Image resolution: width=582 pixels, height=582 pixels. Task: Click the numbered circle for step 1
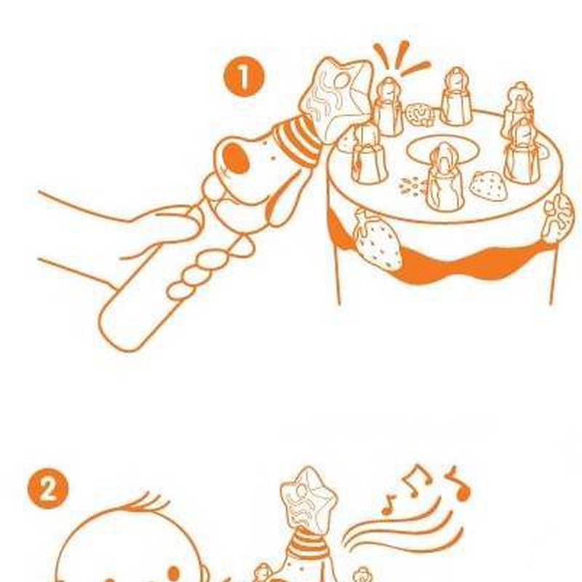[244, 76]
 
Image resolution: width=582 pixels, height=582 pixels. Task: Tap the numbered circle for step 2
[48, 488]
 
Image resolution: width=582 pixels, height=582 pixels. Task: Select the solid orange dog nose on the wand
[237, 158]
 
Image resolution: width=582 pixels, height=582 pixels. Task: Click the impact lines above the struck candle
[401, 60]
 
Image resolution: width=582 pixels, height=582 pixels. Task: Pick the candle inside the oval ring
[445, 178]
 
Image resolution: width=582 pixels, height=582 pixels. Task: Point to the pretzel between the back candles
[420, 114]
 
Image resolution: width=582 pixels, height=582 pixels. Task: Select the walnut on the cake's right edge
[559, 217]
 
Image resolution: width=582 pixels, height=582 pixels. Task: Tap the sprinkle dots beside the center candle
[412, 186]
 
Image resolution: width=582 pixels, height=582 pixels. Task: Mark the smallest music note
[388, 505]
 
